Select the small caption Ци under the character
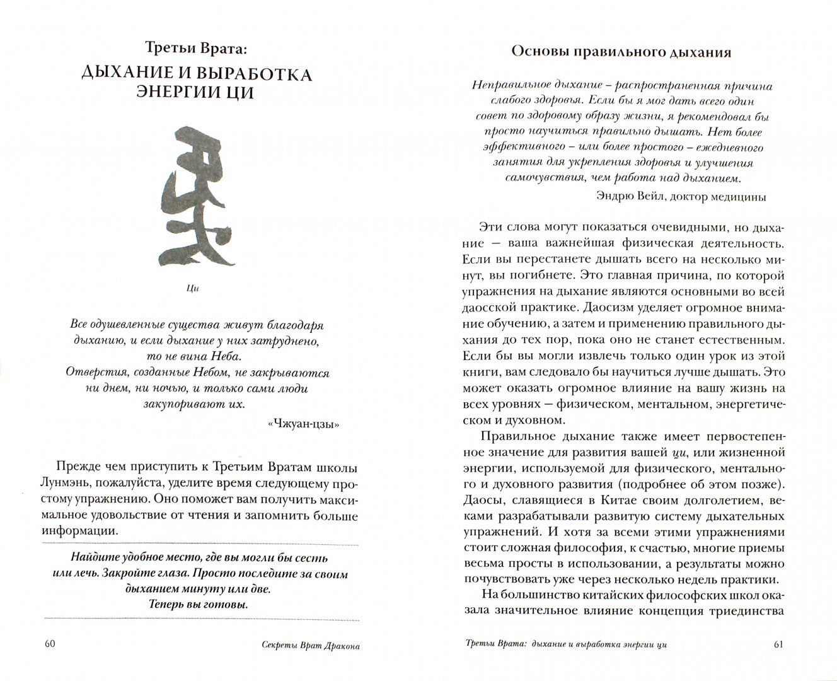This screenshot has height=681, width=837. coord(193,289)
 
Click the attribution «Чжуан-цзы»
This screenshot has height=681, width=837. coord(304,424)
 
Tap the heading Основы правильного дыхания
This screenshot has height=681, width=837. coord(621,52)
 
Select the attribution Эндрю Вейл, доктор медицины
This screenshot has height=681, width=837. coord(680,195)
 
